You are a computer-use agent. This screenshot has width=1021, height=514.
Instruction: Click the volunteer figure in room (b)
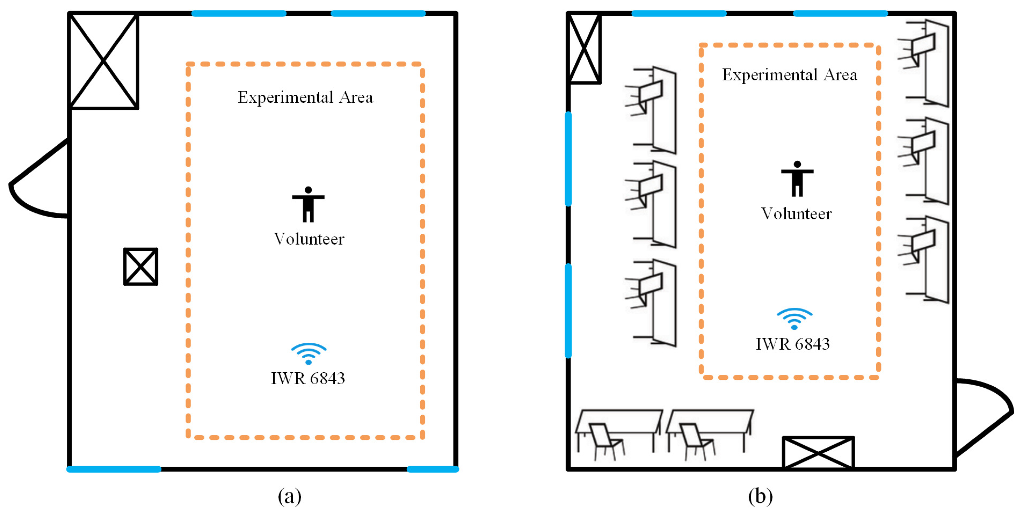(x=797, y=179)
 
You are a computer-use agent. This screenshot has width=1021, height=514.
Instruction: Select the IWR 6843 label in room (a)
(x=307, y=378)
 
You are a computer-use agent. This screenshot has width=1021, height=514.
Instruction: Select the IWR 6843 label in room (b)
(x=792, y=344)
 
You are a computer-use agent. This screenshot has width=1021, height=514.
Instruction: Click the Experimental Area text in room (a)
(x=305, y=97)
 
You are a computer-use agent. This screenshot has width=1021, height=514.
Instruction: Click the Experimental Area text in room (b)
(x=789, y=75)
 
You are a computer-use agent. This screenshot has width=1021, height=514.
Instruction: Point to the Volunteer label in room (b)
(x=796, y=214)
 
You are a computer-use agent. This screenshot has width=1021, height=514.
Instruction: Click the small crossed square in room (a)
(x=141, y=266)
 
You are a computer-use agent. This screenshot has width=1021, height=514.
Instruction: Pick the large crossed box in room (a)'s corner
(x=103, y=61)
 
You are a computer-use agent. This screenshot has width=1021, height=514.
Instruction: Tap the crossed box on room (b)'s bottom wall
(x=818, y=453)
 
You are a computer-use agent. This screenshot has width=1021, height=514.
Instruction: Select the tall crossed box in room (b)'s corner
(x=584, y=49)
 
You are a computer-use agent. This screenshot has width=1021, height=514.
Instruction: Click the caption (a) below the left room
(x=289, y=496)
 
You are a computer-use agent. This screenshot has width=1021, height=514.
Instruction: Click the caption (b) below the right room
(x=760, y=496)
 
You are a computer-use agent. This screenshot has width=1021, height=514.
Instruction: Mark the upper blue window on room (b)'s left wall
(x=568, y=159)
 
